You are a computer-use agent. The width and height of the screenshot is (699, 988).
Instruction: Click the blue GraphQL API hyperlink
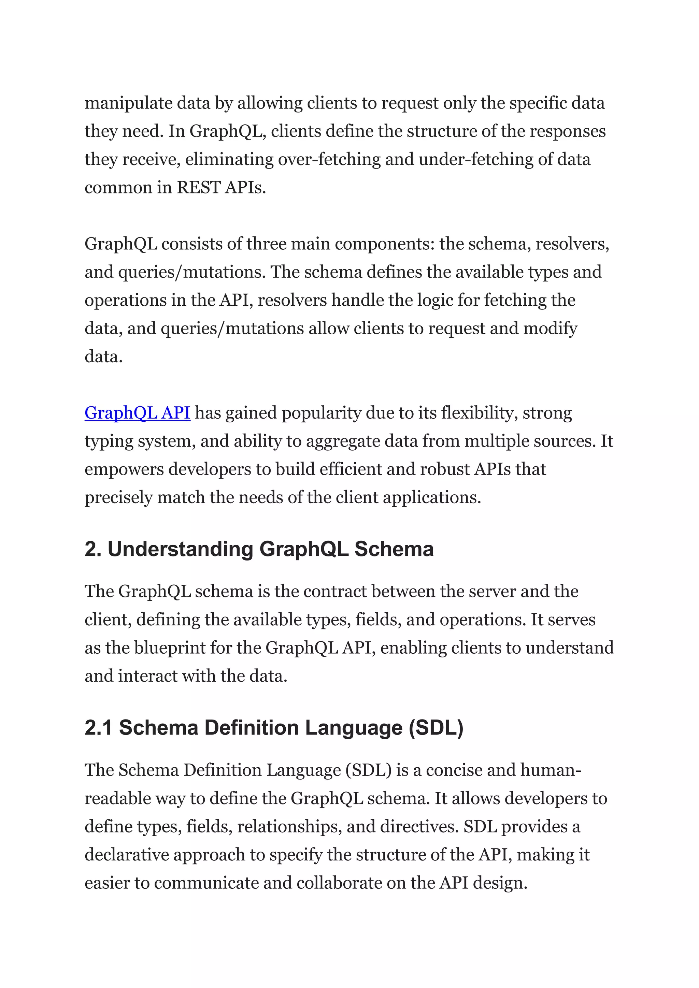(137, 413)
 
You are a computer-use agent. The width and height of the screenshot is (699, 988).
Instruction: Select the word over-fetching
(329, 160)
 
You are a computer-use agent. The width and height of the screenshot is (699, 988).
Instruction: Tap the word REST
(199, 188)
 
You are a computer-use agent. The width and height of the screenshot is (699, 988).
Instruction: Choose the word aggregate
(343, 441)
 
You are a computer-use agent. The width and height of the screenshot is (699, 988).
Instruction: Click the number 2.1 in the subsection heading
(98, 728)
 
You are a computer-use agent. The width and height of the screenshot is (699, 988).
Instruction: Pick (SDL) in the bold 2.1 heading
(436, 728)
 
